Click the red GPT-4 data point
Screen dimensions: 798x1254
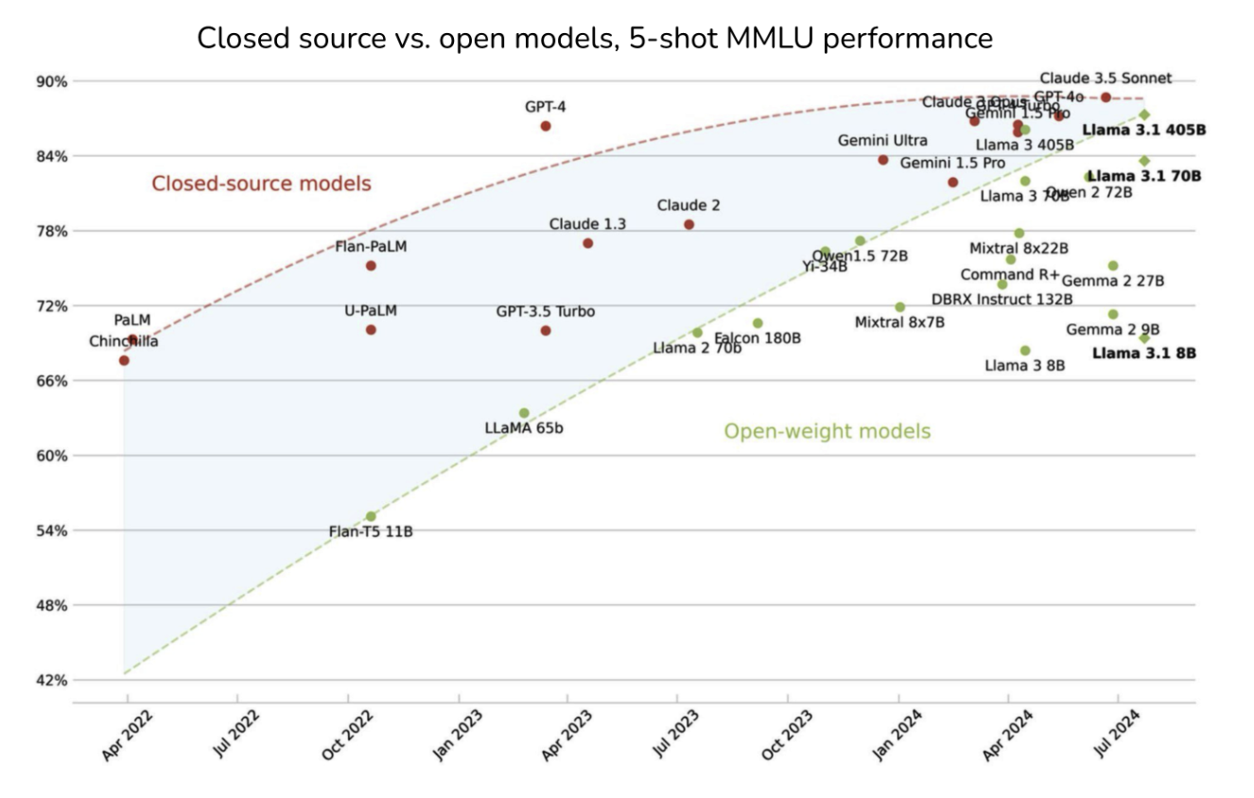546,126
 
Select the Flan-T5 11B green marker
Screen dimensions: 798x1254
371,516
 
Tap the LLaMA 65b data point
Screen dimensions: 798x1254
524,413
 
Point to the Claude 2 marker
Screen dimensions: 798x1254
688,224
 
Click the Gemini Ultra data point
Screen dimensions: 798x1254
883,160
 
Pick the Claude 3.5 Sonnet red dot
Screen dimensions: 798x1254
1106,97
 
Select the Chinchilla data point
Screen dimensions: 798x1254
124,360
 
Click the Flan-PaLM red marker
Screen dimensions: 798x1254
371,266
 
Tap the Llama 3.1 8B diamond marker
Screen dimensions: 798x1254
1144,338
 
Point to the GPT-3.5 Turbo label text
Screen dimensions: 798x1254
546,311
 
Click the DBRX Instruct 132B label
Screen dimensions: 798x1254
1002,300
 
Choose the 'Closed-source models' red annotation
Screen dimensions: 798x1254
262,183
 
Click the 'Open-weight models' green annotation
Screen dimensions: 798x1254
827,431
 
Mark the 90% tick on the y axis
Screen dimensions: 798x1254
52,81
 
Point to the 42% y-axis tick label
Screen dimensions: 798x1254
52,680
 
